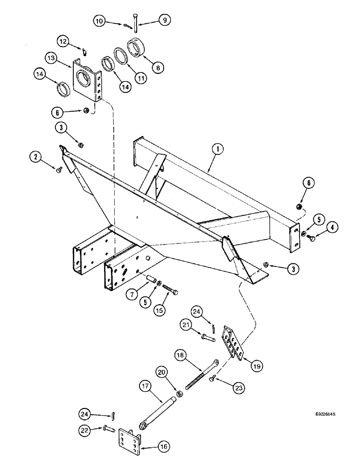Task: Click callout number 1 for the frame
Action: [x=217, y=149]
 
